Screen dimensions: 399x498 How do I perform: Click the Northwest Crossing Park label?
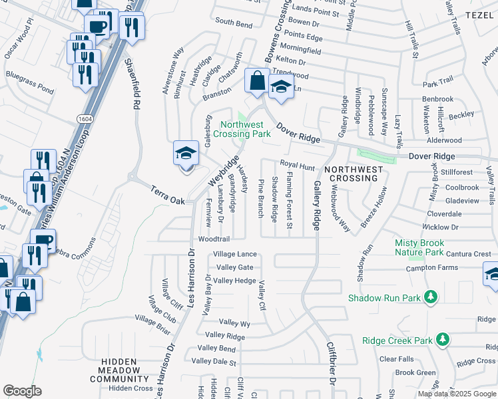coord(246,129)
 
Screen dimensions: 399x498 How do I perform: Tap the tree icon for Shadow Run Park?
coord(431,297)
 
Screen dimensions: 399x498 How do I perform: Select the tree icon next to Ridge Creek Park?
coord(441,340)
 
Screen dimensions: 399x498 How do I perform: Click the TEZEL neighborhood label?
coord(480,15)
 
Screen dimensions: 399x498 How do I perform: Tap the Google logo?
coord(22,391)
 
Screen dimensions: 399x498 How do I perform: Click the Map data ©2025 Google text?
coord(456,394)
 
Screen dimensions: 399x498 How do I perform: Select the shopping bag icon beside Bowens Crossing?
coord(257,81)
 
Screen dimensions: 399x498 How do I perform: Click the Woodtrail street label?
coord(213,239)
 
